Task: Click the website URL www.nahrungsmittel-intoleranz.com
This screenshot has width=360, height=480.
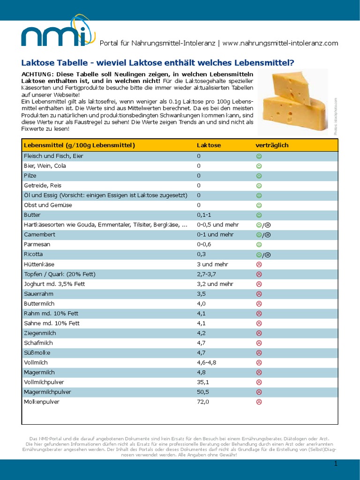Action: point(280,43)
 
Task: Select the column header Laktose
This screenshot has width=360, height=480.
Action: point(209,145)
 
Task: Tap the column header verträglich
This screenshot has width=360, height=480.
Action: point(272,145)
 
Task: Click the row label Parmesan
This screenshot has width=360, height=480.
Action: point(37,245)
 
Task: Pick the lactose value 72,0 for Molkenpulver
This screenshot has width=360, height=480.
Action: point(203,402)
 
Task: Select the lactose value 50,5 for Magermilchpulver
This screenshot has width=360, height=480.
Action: point(203,392)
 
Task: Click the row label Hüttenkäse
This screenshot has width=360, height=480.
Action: point(39,264)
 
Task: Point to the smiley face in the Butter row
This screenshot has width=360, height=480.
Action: point(258,215)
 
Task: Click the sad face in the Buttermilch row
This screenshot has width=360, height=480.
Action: point(258,304)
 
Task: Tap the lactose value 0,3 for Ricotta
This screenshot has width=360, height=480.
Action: point(201,255)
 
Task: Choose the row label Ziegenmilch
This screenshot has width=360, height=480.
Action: point(40,333)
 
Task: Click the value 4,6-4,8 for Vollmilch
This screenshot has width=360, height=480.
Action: point(206,362)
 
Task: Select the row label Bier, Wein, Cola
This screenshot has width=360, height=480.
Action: point(45,166)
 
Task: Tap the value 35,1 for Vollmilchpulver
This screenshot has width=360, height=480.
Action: point(203,382)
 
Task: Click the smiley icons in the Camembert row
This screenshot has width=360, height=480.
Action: point(263,235)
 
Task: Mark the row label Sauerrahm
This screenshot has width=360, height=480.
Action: point(38,294)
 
